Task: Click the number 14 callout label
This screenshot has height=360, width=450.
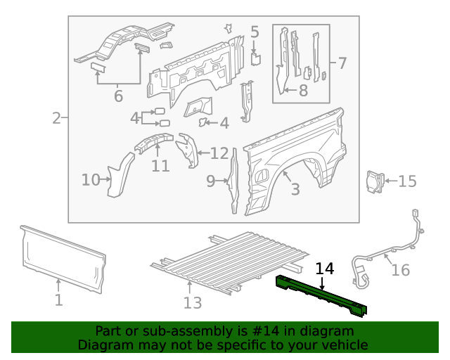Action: [325, 268]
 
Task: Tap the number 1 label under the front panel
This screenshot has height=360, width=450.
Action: [58, 300]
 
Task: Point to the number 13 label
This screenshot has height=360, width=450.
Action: [192, 302]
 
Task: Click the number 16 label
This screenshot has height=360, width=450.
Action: [400, 270]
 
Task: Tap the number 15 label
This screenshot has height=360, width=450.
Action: [407, 181]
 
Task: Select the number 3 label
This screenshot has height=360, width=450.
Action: [295, 189]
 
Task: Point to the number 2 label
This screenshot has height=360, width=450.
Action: [56, 118]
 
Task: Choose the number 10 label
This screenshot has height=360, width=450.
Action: [91, 180]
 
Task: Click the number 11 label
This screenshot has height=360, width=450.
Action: [160, 166]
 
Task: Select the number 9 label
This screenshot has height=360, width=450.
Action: [211, 181]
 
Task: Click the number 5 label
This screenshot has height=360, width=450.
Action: [255, 32]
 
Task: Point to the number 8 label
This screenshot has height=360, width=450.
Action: [303, 90]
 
